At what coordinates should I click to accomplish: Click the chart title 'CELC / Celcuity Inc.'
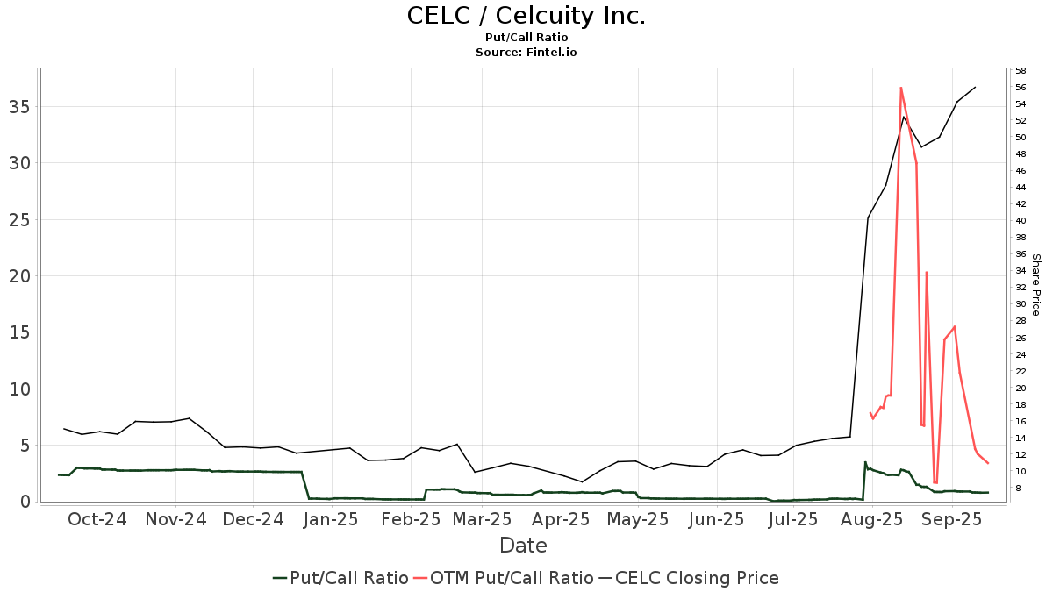526,16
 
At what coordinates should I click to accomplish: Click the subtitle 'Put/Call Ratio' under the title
526,38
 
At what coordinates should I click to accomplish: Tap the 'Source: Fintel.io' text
526,53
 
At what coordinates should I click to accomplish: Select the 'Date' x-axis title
523,546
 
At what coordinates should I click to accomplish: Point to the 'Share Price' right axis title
1035,284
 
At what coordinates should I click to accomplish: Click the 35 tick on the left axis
21,107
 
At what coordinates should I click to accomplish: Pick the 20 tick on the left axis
21,276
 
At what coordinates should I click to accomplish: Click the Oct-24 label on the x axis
98,519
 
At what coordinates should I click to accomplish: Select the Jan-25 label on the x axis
330,519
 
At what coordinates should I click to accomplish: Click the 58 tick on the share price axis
1021,70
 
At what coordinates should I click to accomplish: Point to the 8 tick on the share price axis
1019,489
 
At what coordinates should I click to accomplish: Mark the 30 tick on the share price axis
1021,304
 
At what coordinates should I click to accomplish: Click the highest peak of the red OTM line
901,88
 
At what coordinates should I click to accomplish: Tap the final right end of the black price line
975,87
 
